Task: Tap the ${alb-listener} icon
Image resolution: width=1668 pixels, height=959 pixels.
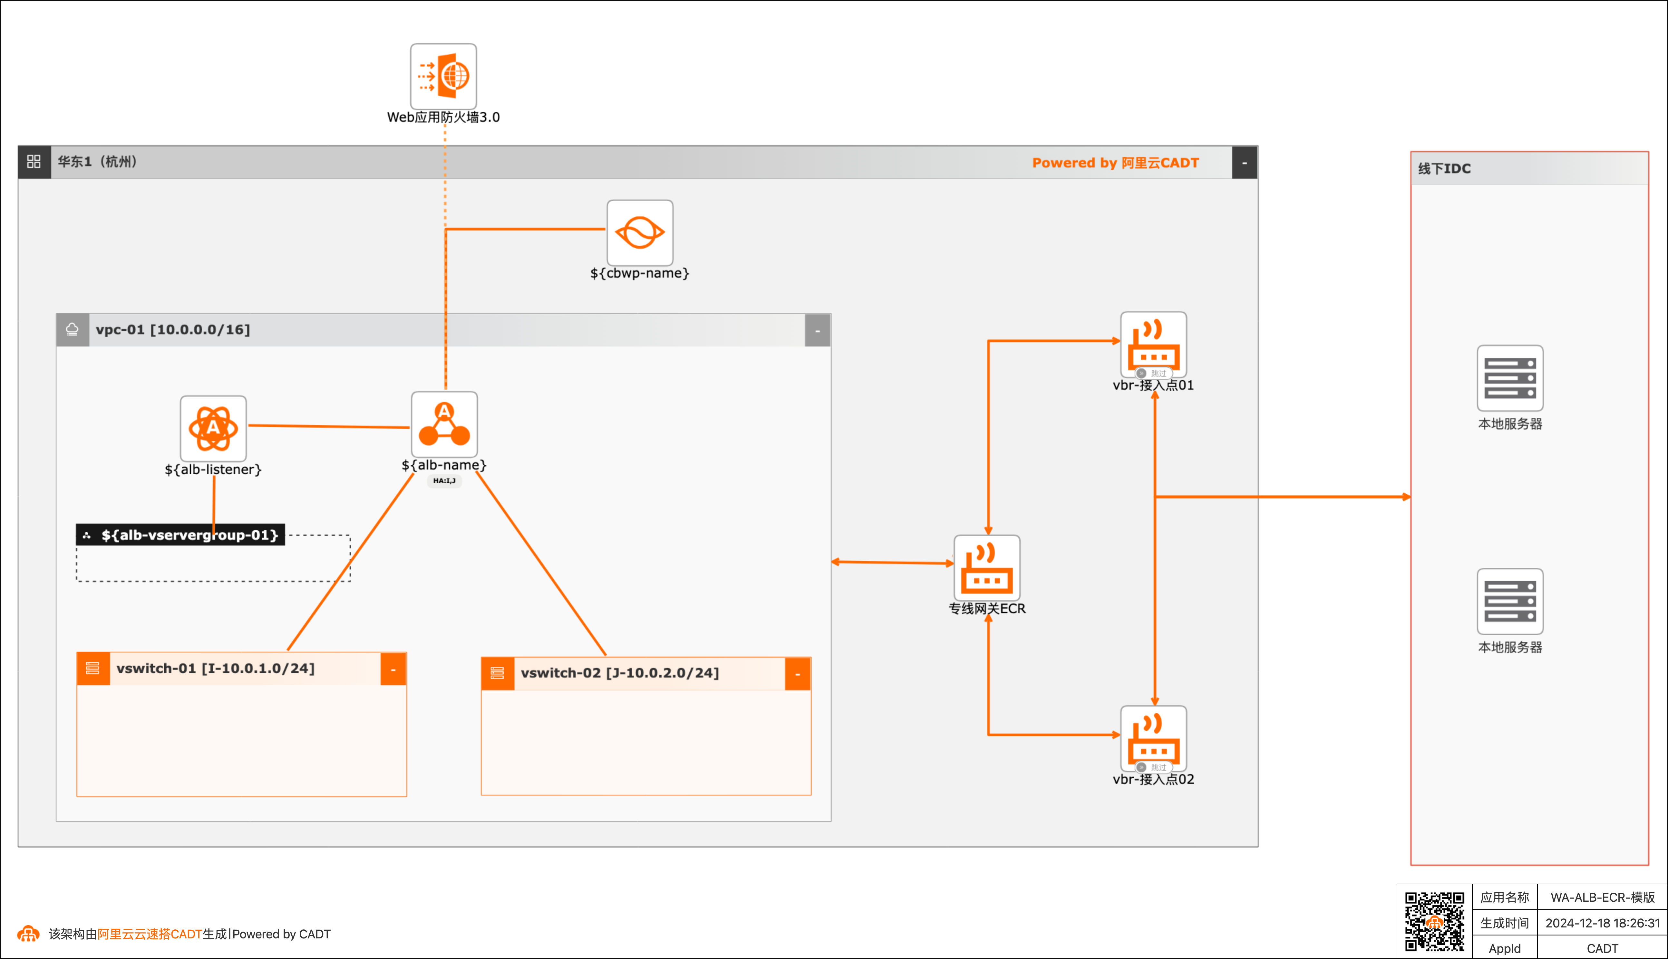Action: [x=213, y=428]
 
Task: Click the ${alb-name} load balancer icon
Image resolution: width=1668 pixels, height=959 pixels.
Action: [x=444, y=424]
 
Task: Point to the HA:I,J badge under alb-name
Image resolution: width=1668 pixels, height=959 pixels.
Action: [x=444, y=481]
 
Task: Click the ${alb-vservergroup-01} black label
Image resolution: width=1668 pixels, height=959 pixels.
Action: [x=180, y=535]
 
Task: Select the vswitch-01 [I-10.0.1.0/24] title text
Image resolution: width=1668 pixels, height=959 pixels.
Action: [x=216, y=669]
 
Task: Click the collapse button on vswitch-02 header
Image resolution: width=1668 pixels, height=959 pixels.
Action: [x=798, y=674]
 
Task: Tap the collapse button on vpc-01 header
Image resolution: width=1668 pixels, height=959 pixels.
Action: [x=817, y=330]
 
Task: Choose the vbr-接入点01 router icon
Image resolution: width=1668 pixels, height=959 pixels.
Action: [x=1153, y=344]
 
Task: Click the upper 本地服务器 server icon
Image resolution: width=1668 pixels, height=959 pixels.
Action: [x=1510, y=378]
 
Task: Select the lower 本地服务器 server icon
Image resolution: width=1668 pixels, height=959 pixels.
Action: [x=1510, y=601]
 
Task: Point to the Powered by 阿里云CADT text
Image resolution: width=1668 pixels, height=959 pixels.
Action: [x=1115, y=163]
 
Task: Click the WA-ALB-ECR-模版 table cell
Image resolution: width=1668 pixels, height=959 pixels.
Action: [x=1602, y=897]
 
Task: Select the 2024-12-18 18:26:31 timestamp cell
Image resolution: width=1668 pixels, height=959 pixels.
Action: [x=1602, y=923]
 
